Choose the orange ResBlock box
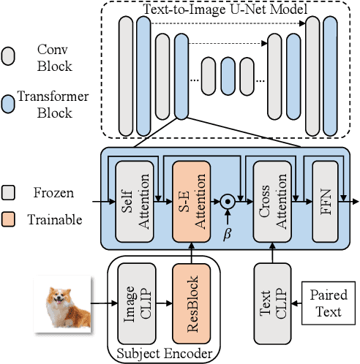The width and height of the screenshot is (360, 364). pos(191,301)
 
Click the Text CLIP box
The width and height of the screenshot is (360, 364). pos(272,301)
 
